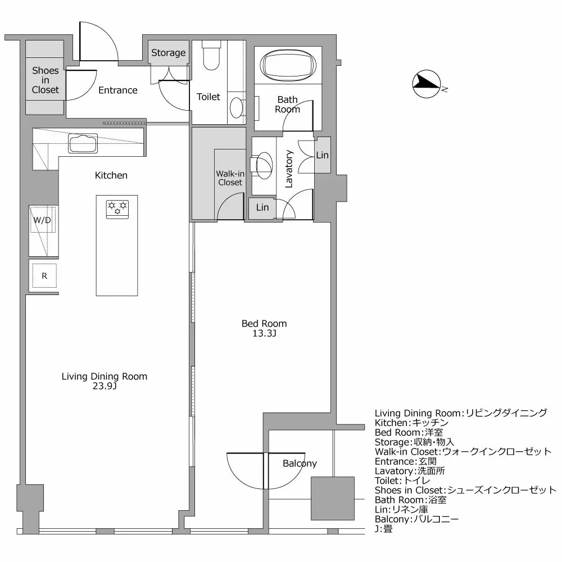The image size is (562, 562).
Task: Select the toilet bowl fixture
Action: pos(211,57)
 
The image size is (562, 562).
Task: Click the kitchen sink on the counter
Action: pos(83,143)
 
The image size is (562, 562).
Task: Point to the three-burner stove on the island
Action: pos(117,207)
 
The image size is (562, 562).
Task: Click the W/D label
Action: pos(42,220)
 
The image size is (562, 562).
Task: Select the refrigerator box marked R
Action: pos(44,275)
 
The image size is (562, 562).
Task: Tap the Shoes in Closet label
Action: pos(45,80)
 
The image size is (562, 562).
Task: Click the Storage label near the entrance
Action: pos(168,53)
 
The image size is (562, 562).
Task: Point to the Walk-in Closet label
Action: pos(230,178)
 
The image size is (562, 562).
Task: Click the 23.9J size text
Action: pos(105,387)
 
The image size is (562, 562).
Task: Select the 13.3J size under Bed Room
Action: pos(264,334)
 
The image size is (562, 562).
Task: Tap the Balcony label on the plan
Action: pos(300,464)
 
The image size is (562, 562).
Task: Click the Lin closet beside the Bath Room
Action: pos(322,155)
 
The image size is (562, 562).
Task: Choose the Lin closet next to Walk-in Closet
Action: pos(262,207)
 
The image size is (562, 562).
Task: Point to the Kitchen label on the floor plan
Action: pos(111,175)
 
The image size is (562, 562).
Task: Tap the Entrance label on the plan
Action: pos(118,90)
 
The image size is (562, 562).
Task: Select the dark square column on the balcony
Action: pos(333,498)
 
